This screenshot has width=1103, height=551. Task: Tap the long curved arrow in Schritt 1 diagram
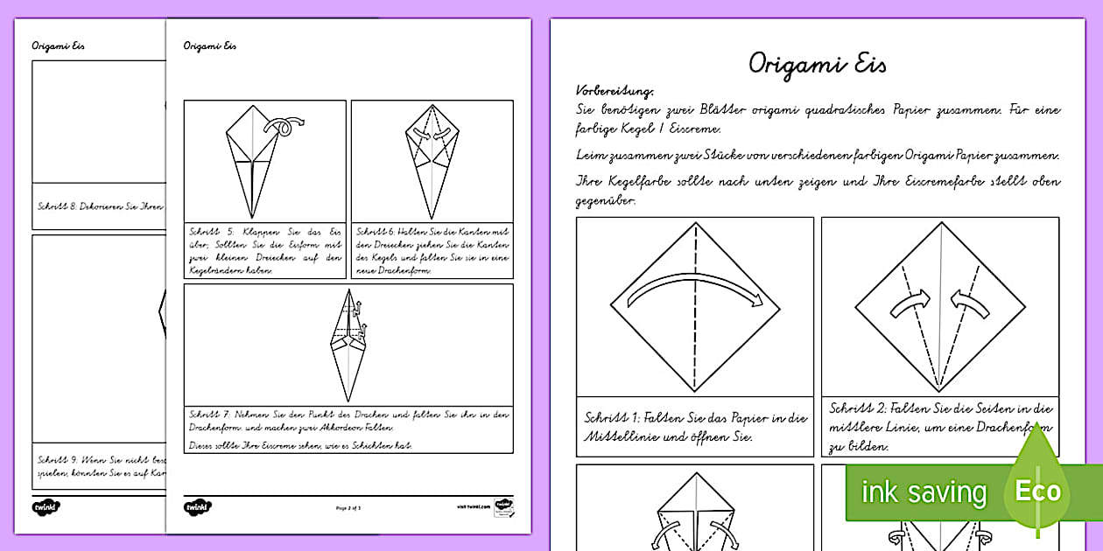(695, 292)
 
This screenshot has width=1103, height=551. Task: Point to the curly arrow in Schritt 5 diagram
(287, 127)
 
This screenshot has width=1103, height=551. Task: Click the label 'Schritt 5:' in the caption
(207, 231)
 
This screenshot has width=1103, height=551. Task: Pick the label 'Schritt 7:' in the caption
(207, 414)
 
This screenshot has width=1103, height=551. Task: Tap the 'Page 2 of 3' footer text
(348, 506)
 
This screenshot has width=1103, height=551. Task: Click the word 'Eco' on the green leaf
(1037, 491)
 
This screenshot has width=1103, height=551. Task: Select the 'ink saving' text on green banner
(924, 493)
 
